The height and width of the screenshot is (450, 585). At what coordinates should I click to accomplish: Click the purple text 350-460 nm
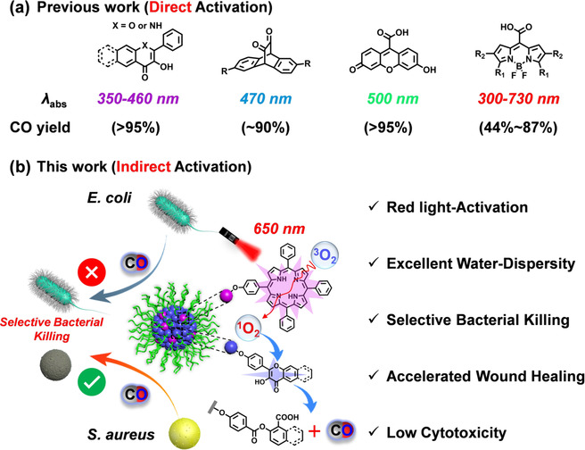coord(138,98)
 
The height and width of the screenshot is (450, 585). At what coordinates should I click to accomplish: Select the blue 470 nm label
coord(266,98)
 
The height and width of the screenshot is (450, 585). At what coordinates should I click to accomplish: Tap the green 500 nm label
coord(392,98)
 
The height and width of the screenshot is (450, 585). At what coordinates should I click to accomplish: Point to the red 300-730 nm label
coord(519,98)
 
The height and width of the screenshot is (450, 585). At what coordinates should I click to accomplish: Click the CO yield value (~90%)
coord(265,128)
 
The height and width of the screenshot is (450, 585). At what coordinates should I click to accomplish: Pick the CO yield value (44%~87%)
coord(518,128)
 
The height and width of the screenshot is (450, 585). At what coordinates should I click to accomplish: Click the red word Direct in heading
coord(170,8)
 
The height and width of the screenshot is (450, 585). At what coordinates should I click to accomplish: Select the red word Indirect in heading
coord(144,167)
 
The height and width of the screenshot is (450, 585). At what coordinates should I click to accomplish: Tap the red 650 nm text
coord(279,229)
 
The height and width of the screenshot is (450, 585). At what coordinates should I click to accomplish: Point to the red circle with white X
coord(92,272)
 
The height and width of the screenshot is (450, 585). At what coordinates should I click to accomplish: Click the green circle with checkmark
coord(92,381)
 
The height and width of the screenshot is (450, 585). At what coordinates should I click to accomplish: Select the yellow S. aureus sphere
coord(185,433)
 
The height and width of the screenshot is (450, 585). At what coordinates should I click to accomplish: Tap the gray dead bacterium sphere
coord(55,364)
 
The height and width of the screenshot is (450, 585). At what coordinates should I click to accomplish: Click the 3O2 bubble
coord(325,256)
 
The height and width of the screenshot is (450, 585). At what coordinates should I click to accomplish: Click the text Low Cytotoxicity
coord(446,433)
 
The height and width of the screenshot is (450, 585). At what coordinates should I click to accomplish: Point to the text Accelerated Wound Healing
coord(485,376)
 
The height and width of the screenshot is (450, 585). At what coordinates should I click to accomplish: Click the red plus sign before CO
coord(314,432)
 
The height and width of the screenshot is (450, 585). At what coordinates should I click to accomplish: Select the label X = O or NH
coord(137,26)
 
